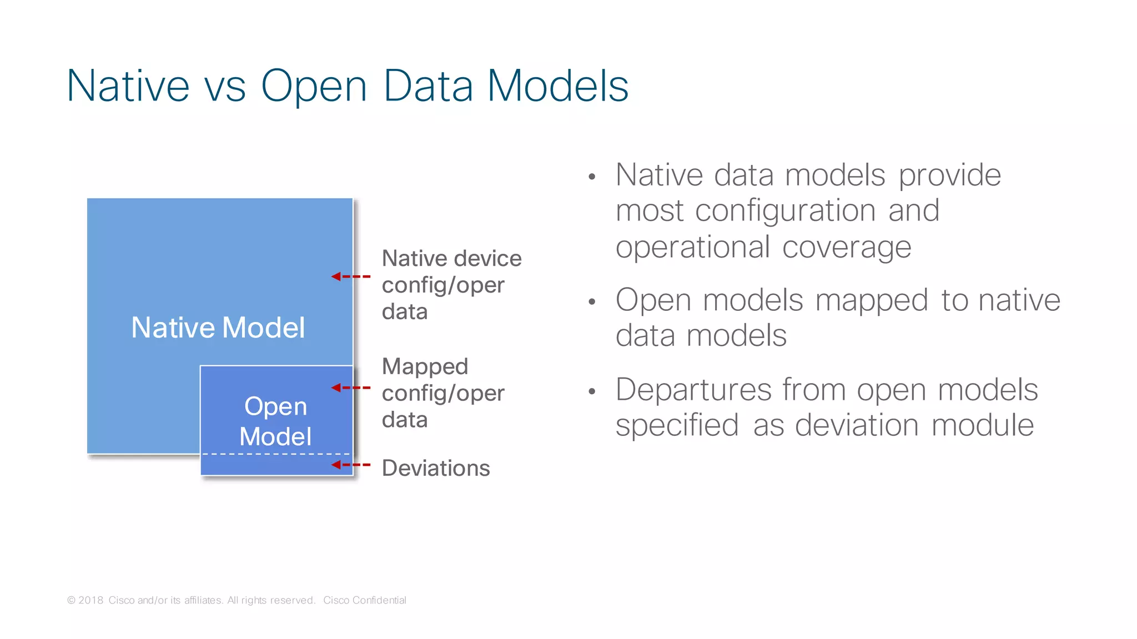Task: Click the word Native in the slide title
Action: point(128,86)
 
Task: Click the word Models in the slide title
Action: point(558,86)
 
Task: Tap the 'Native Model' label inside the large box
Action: point(218,327)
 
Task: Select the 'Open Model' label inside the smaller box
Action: point(275,421)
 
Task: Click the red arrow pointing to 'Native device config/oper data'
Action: point(350,276)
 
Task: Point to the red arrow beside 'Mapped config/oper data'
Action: point(350,388)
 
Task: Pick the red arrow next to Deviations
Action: point(350,465)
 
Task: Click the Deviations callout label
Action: point(436,468)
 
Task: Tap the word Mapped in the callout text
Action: point(425,366)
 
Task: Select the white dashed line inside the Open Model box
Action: point(276,454)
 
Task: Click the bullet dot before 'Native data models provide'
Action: point(592,177)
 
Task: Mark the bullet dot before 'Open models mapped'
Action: point(592,302)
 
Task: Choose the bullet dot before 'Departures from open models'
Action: point(592,391)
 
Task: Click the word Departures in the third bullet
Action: point(693,389)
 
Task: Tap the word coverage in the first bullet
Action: point(847,247)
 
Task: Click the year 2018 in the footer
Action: point(91,600)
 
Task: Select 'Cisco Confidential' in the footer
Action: point(365,600)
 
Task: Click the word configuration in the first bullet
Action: point(785,212)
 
